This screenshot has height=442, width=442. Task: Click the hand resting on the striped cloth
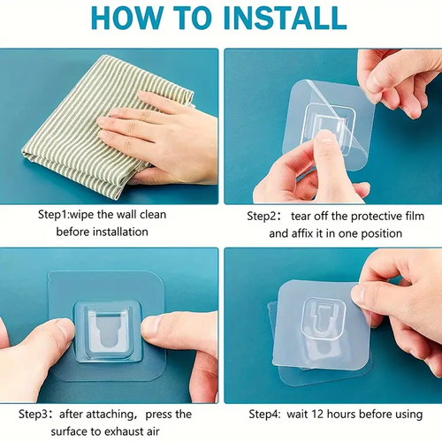[155, 133]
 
